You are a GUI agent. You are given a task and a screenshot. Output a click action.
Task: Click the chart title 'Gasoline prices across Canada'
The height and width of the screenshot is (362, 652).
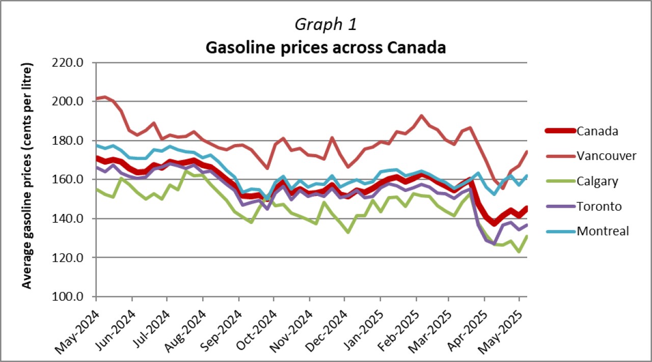coord(325,47)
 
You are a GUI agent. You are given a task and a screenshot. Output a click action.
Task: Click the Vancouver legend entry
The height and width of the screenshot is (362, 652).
coord(606,156)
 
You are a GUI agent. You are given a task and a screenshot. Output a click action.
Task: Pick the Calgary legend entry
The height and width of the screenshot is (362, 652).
coord(597,181)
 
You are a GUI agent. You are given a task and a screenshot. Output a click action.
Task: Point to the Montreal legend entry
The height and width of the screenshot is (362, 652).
coord(603,231)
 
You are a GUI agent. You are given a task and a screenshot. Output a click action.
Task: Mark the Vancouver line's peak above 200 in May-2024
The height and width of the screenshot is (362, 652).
coord(104,97)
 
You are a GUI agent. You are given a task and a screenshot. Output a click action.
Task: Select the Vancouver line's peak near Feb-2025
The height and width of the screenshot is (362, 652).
coord(421,116)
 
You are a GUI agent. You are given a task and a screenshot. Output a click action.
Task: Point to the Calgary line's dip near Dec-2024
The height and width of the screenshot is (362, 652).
coord(347,232)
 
